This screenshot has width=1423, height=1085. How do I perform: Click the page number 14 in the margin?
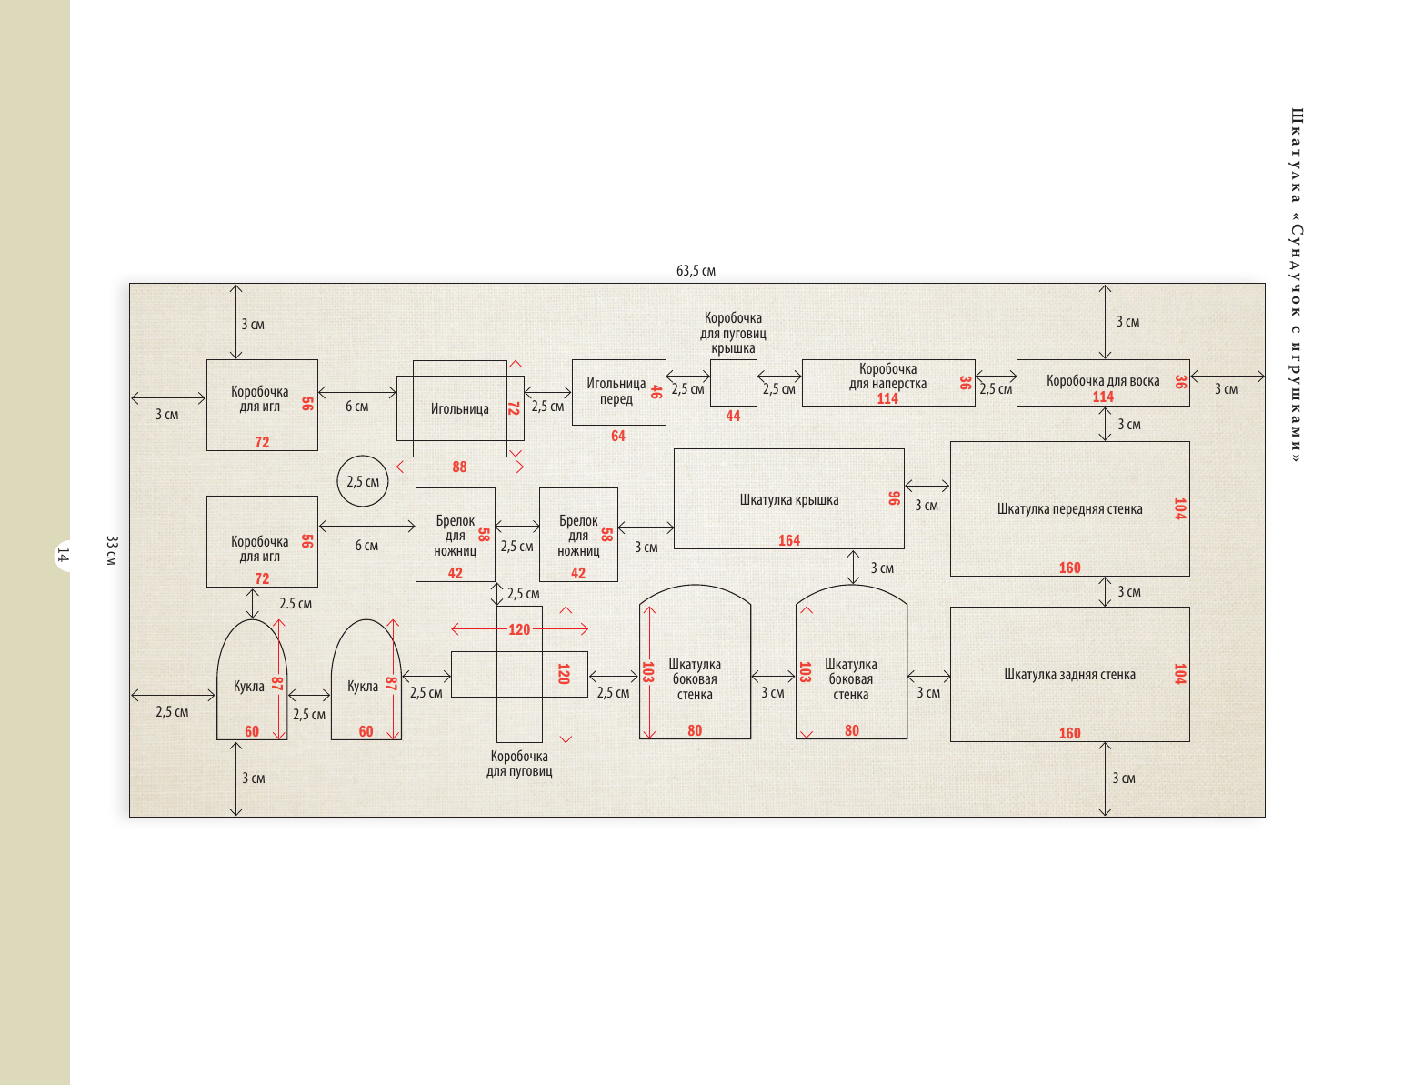click(x=63, y=554)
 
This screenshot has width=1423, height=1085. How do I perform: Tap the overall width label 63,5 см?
click(x=696, y=271)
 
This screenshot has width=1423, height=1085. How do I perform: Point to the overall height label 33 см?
click(x=111, y=550)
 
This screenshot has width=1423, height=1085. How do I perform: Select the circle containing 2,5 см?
click(x=363, y=481)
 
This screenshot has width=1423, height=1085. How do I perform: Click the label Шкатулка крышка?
click(x=789, y=500)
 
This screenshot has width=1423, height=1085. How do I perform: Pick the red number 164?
click(x=789, y=540)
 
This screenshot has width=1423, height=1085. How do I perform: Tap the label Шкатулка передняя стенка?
click(x=1069, y=509)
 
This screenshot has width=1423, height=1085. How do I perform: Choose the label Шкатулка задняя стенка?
click(x=1069, y=675)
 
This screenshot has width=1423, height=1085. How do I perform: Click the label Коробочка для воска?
click(x=1103, y=381)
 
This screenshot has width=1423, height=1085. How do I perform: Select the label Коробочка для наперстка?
click(x=887, y=376)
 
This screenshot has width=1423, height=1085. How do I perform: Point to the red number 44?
click(x=733, y=416)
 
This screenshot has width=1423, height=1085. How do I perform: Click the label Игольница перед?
click(x=616, y=391)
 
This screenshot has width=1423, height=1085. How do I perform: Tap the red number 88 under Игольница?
click(x=459, y=467)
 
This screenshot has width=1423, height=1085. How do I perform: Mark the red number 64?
click(x=618, y=436)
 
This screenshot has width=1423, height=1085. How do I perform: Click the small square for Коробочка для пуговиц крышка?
click(x=733, y=383)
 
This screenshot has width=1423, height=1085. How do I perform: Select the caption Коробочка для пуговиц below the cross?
click(x=519, y=764)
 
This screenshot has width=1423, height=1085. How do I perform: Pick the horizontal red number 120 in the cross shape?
click(x=519, y=629)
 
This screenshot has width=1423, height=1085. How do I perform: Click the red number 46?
click(x=656, y=392)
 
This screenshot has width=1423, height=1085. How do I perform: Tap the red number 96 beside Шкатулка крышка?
click(x=894, y=498)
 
